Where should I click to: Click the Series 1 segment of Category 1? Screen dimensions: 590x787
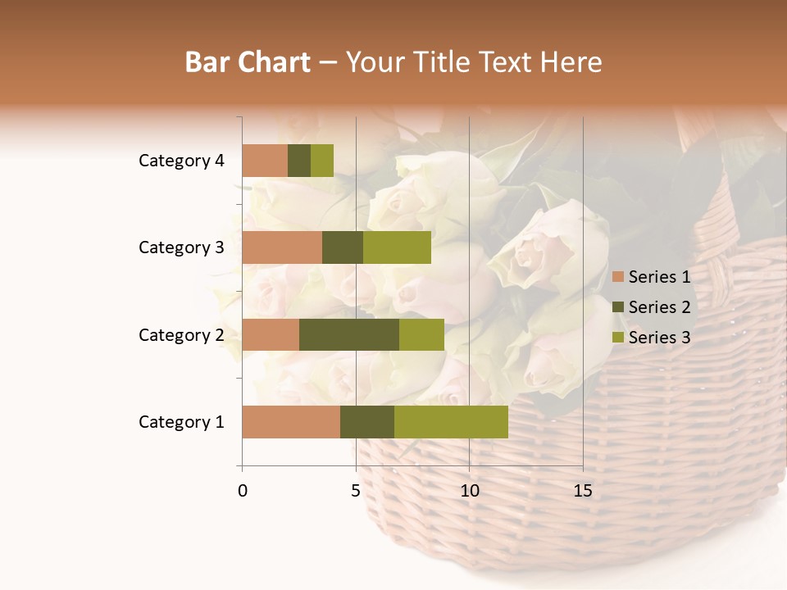tap(291, 421)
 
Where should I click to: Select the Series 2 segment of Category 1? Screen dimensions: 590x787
tap(367, 421)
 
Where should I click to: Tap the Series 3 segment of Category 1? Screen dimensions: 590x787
tap(451, 421)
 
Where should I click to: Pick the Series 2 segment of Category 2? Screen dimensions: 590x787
tap(349, 334)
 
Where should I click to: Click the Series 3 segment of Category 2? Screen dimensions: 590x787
tap(421, 334)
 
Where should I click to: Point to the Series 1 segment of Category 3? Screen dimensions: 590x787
tap(282, 247)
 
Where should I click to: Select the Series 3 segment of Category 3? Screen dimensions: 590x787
tap(397, 247)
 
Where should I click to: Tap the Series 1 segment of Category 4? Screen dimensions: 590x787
tap(265, 161)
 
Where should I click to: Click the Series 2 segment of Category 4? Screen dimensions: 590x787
tap(299, 161)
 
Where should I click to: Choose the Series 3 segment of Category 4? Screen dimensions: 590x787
tap(322, 161)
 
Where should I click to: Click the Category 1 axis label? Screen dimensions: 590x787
tap(181, 422)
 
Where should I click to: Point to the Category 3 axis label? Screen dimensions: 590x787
tap(181, 247)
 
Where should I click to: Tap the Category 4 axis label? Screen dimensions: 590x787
tap(181, 161)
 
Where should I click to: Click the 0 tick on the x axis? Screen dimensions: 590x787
tap(243, 491)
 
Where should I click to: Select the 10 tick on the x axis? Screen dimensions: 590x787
tap(470, 491)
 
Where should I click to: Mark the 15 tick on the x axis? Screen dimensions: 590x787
tap(583, 491)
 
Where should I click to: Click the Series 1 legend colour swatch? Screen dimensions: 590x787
tap(618, 277)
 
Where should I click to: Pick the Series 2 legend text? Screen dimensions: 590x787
tap(659, 307)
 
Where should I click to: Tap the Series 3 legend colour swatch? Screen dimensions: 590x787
tap(618, 338)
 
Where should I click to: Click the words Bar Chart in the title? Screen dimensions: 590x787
tap(248, 62)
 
